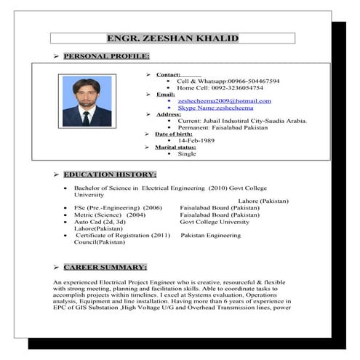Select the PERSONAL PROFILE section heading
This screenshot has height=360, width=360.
[106, 56]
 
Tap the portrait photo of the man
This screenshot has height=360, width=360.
[87, 101]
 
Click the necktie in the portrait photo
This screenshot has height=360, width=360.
[86, 117]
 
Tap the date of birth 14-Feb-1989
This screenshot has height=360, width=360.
[198, 140]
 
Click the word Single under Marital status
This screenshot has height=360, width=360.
[187, 153]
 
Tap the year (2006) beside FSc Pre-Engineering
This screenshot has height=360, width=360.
[152, 208]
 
